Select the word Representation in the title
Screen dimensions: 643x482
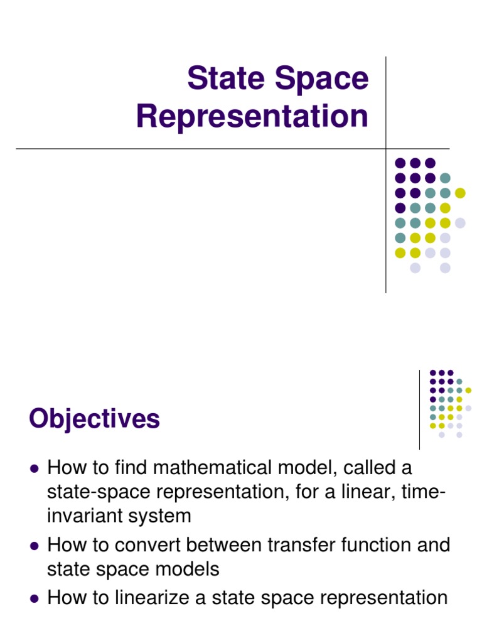coord(252,117)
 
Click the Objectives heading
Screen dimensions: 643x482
coord(94,419)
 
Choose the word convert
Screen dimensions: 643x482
coord(166,544)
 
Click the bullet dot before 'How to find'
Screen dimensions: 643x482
coord(35,469)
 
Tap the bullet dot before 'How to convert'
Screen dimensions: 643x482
coord(35,546)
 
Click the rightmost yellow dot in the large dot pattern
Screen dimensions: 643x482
coord(460,193)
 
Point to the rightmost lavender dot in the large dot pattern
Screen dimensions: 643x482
coord(460,223)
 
